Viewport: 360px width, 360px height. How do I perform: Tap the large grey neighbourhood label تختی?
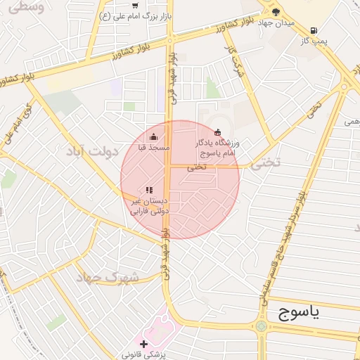point(265,162)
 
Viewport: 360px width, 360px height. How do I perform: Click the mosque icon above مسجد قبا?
point(154,136)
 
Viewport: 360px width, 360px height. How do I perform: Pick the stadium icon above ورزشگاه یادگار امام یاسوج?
point(217,132)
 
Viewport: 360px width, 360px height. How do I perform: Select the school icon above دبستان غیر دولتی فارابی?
point(148,190)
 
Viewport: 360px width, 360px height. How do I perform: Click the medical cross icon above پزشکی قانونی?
point(143,344)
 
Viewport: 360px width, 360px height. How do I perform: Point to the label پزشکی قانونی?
point(143,355)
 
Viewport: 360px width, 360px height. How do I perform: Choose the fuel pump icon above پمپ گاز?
point(313,30)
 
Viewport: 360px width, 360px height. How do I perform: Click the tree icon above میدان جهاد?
point(276,12)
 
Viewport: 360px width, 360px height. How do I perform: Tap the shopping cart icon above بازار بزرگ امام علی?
point(135,5)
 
